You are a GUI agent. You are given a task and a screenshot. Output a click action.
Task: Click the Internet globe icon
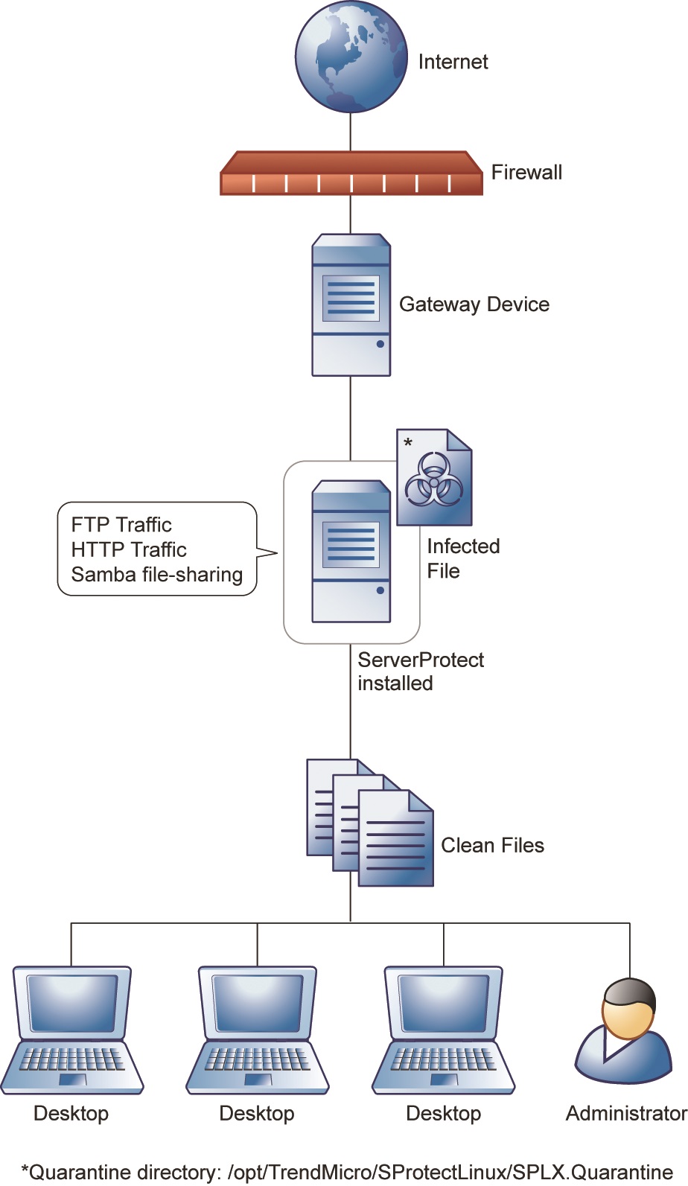pyautogui.click(x=351, y=57)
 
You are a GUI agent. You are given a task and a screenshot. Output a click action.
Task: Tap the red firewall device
pyautogui.click(x=351, y=175)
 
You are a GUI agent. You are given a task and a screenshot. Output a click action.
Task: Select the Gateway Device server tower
pyautogui.click(x=351, y=305)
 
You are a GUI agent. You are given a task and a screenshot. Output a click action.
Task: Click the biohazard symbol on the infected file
pyautogui.click(x=433, y=480)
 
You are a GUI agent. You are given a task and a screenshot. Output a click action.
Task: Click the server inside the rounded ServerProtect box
pyautogui.click(x=351, y=551)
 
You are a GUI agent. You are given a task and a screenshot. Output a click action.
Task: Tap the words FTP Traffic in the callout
pyautogui.click(x=121, y=525)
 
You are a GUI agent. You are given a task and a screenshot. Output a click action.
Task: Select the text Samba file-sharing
pyautogui.click(x=157, y=575)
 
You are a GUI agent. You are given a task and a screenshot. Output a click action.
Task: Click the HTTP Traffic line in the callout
pyautogui.click(x=129, y=549)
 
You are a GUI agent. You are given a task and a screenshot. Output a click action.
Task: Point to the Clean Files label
pyautogui.click(x=492, y=846)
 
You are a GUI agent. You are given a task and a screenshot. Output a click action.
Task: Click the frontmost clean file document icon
pyautogui.click(x=395, y=840)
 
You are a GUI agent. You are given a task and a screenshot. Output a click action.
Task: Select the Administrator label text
pyautogui.click(x=625, y=1113)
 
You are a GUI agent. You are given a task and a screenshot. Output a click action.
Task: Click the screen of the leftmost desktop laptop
pyautogui.click(x=72, y=1002)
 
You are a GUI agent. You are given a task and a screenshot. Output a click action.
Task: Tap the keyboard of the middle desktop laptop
pyautogui.click(x=258, y=1059)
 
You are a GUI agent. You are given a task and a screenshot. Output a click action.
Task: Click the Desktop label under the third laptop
pyautogui.click(x=443, y=1113)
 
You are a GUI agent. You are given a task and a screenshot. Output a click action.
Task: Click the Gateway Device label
pyautogui.click(x=474, y=305)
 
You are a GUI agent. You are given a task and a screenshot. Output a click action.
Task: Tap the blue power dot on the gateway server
pyautogui.click(x=380, y=344)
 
